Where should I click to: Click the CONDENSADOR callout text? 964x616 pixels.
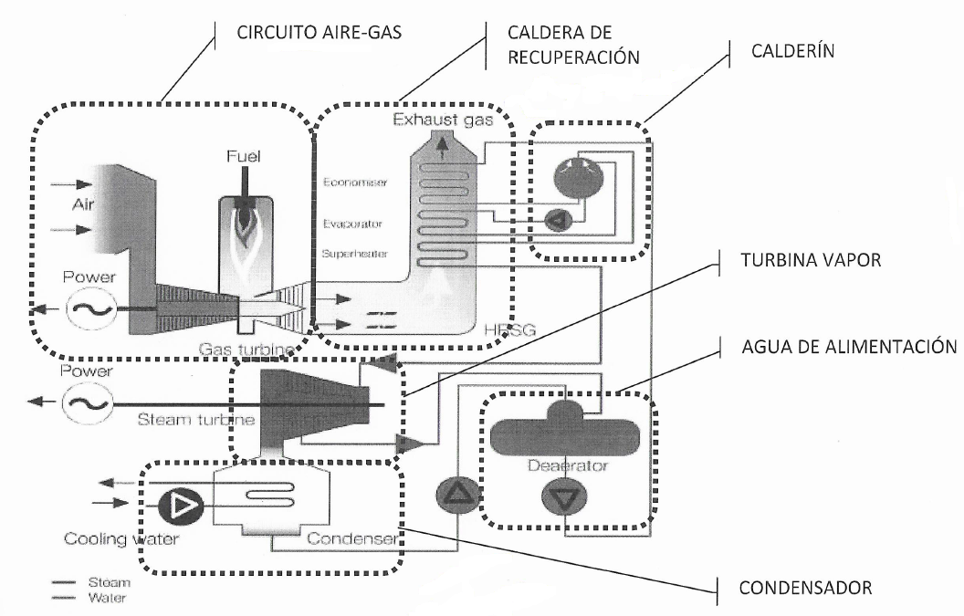pos(809,587)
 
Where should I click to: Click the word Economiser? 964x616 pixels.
pos(354,183)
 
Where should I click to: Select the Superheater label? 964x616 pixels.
pos(354,255)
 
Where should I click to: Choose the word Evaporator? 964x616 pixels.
pos(352,222)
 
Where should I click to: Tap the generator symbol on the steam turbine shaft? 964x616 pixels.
pos(82,402)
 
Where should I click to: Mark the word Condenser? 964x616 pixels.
pos(352,538)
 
